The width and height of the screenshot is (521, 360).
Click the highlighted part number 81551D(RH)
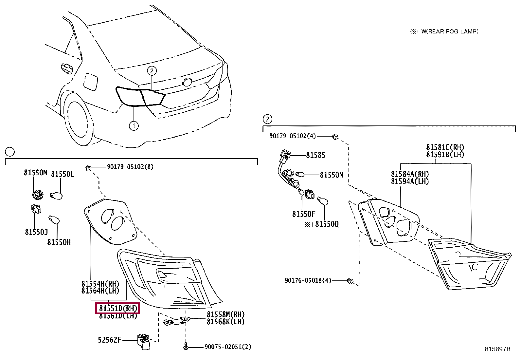pyautogui.click(x=117, y=308)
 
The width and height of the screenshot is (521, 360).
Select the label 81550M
pyautogui.click(x=35, y=173)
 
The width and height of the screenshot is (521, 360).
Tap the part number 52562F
pyautogui.click(x=109, y=340)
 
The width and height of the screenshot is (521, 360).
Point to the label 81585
pyautogui.click(x=315, y=155)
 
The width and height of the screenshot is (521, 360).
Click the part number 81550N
pyautogui.click(x=332, y=175)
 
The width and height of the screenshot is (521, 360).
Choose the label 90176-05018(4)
pyautogui.click(x=308, y=280)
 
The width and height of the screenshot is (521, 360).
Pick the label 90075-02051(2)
pyautogui.click(x=228, y=347)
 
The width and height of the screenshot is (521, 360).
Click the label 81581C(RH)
pyautogui.click(x=445, y=147)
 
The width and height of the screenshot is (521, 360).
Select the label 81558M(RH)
pyautogui.click(x=225, y=314)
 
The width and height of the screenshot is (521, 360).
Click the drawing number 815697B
pyautogui.click(x=497, y=349)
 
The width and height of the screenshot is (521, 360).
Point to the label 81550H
pyautogui.click(x=59, y=242)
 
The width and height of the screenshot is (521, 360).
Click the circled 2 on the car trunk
pyautogui.click(x=152, y=70)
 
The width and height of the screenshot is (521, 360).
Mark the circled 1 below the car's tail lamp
pyautogui.click(x=134, y=125)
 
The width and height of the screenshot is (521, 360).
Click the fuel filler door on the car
pyautogui.click(x=90, y=82)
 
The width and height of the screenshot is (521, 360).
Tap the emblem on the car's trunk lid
pyautogui.click(x=187, y=82)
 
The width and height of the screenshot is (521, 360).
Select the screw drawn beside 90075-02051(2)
pyautogui.click(x=186, y=346)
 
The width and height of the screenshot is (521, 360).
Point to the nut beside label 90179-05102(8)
pyautogui.click(x=88, y=168)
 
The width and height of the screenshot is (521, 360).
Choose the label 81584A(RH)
pyautogui.click(x=410, y=174)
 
